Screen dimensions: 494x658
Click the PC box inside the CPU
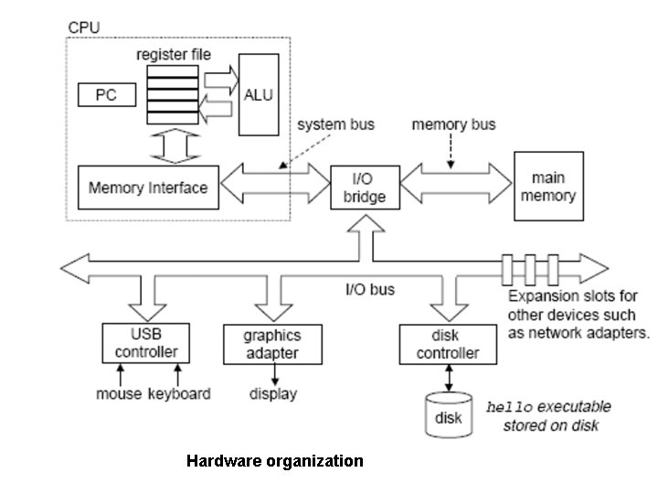105,94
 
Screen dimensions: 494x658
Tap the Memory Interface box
148,188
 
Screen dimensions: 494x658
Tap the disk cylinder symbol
448,416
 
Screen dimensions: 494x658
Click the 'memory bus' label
454,123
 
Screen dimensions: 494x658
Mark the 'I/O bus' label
370,289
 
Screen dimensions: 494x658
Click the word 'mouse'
119,394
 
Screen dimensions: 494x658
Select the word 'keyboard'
179,394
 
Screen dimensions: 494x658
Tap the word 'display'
273,394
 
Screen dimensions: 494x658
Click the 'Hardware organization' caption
274,461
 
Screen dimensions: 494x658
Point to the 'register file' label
174,55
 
